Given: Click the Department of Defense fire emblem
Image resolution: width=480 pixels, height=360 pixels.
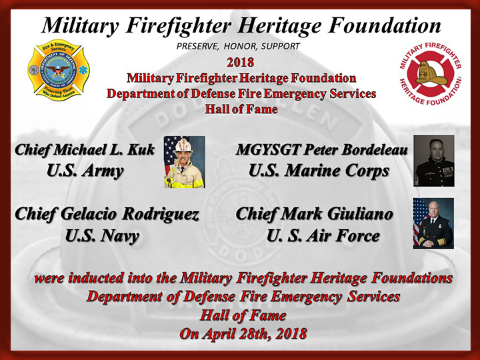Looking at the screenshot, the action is (59, 70).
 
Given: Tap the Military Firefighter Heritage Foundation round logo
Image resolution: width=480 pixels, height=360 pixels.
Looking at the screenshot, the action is (431, 74).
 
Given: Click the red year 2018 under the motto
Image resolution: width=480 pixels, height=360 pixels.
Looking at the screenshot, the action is (240, 63).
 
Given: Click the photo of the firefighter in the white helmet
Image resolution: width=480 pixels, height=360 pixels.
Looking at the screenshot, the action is (185, 162).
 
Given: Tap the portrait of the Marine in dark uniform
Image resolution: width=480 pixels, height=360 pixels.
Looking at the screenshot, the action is (434, 161).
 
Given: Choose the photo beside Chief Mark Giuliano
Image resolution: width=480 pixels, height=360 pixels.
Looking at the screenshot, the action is (433, 223).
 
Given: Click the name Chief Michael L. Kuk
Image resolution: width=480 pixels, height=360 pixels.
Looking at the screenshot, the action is (85, 150).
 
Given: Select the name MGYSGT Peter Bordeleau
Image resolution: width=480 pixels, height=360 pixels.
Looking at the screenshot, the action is (322, 150).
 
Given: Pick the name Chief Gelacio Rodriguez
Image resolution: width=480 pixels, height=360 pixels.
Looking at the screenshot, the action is (107, 214).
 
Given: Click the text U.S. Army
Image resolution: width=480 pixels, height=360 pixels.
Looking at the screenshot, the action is (85, 171).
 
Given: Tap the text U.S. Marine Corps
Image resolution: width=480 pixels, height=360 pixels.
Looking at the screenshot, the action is (319, 171).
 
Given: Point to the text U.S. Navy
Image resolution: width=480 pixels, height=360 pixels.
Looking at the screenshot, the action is (102, 236).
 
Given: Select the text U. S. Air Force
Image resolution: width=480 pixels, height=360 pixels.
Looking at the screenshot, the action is (323, 236).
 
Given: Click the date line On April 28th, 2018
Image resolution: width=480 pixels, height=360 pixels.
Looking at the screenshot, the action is (243, 333).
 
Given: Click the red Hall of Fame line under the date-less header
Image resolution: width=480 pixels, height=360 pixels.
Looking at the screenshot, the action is (241, 109).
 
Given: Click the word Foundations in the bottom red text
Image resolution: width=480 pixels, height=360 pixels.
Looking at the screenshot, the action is (412, 278).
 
